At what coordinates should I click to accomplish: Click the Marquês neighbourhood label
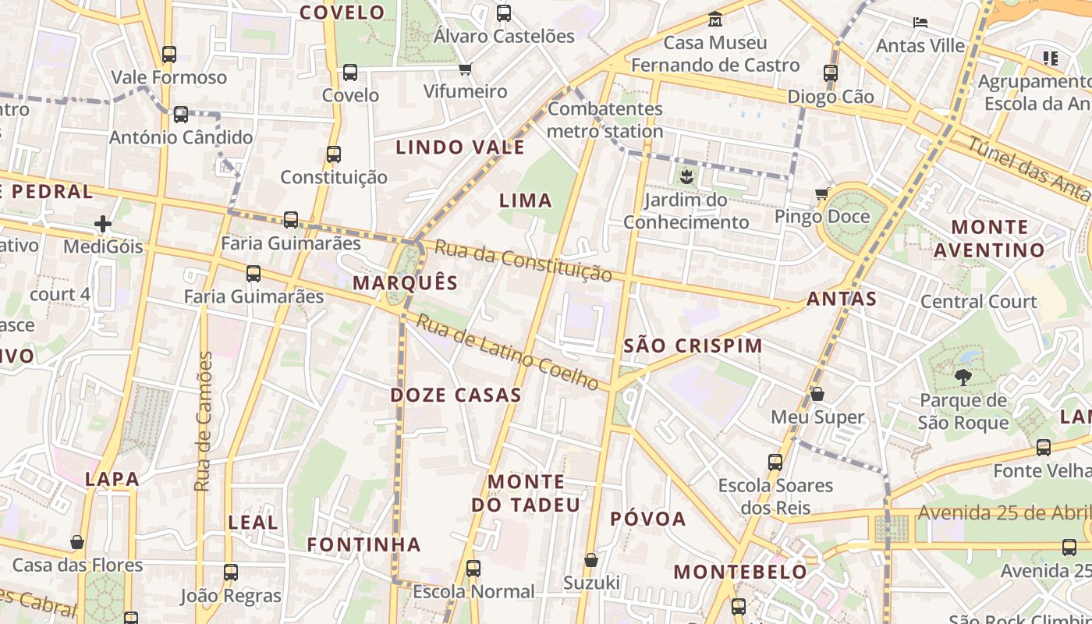click(405, 282)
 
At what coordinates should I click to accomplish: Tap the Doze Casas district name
click(456, 395)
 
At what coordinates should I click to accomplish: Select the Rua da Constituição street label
click(523, 261)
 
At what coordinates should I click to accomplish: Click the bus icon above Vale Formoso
click(169, 55)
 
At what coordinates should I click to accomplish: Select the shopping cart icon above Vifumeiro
click(466, 69)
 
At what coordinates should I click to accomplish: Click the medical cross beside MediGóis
click(103, 225)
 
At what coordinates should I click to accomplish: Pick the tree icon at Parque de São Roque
click(963, 378)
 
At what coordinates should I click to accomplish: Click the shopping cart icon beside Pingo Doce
click(821, 193)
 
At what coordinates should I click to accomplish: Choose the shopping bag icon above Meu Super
click(817, 395)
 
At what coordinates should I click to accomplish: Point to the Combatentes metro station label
click(605, 119)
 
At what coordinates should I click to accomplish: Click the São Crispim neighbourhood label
click(693, 345)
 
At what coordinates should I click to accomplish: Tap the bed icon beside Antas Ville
click(920, 23)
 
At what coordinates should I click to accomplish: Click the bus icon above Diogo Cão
click(831, 73)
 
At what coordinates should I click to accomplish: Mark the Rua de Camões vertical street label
click(204, 421)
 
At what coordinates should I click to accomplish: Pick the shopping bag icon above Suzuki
click(591, 560)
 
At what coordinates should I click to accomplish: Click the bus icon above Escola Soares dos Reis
click(775, 462)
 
